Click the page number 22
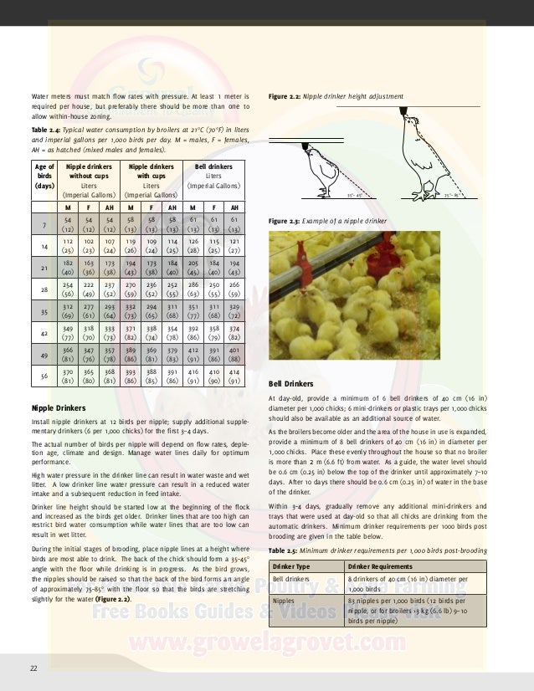tap(33, 667)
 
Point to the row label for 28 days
tap(44, 289)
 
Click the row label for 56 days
tap(44, 376)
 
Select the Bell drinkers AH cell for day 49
tap(234, 355)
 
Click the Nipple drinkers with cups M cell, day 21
tap(130, 267)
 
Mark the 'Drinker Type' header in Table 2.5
tap(295, 566)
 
